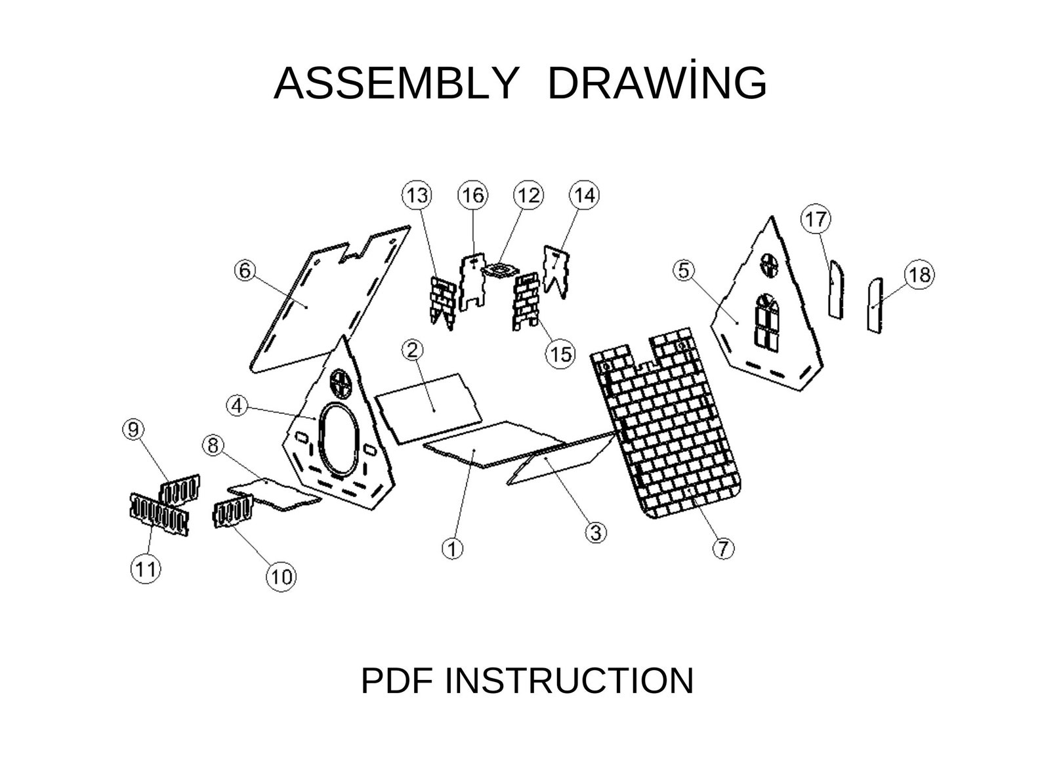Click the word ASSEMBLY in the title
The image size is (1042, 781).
point(395,83)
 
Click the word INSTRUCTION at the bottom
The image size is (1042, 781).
point(569,681)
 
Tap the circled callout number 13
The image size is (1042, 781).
point(417,195)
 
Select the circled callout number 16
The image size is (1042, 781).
point(473,195)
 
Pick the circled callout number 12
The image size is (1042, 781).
point(528,195)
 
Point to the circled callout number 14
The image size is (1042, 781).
point(584,195)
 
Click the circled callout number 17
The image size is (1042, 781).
point(816,219)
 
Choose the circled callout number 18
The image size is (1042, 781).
point(919,275)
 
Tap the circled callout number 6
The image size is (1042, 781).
point(245,271)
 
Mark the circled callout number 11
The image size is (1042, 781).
point(145,568)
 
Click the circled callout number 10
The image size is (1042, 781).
point(281,576)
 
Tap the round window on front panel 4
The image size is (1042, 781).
point(342,384)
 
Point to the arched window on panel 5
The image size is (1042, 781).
point(766,323)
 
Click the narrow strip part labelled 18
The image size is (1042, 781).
point(875,306)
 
